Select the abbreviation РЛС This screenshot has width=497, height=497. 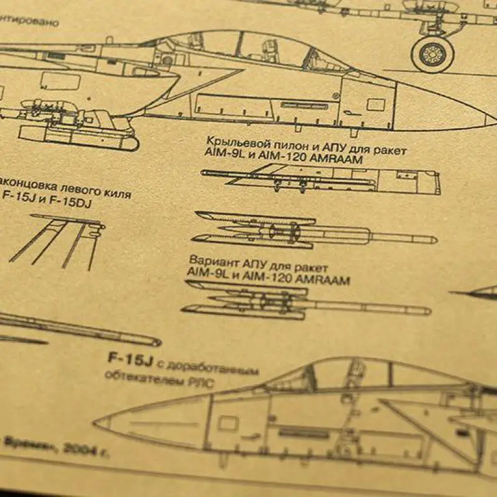(203, 383)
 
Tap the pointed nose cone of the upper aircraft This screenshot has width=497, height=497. (478, 118)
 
